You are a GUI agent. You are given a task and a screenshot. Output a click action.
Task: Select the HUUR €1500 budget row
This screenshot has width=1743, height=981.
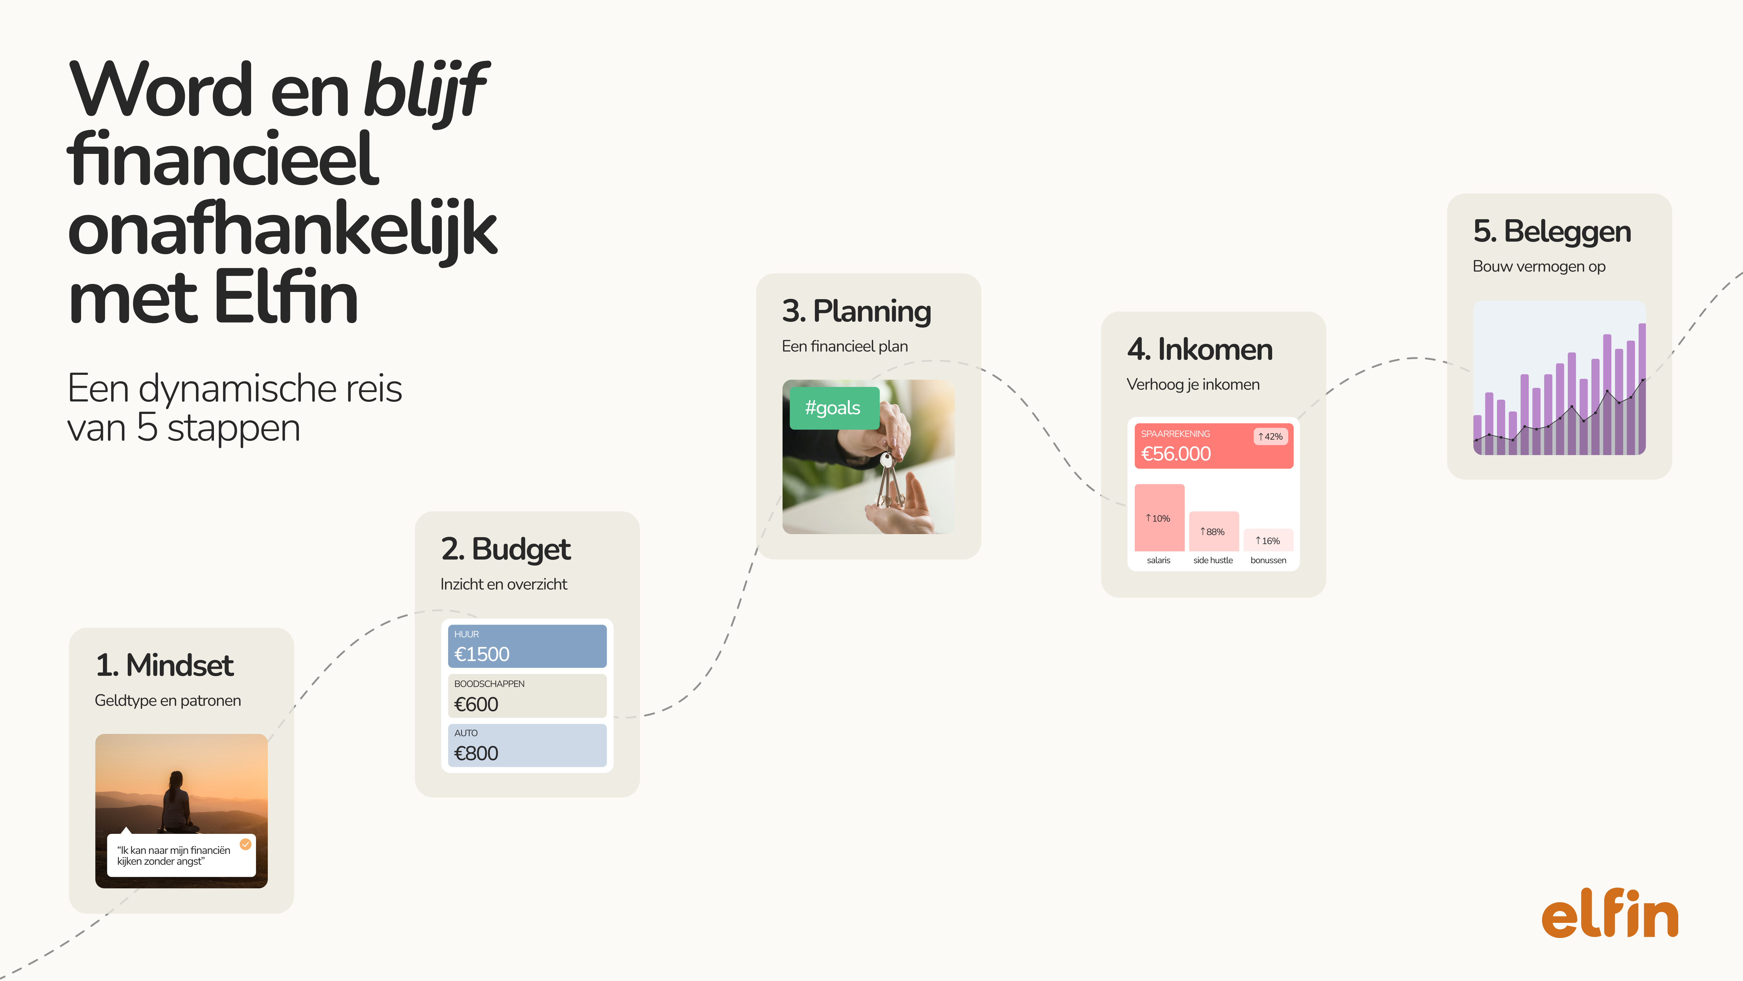[527, 646]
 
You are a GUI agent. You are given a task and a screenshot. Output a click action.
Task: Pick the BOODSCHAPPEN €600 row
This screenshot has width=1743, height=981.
[527, 695]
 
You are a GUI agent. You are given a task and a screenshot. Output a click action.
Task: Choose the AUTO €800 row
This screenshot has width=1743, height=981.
[527, 745]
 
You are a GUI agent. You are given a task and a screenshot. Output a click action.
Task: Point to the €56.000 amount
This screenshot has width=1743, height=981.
[1176, 454]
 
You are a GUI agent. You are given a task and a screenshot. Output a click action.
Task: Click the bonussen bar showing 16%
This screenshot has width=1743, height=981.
[1268, 540]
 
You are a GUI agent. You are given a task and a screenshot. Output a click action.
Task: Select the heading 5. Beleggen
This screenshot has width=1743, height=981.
[1552, 232]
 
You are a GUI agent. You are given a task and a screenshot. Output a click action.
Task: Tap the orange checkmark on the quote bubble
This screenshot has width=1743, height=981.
[246, 844]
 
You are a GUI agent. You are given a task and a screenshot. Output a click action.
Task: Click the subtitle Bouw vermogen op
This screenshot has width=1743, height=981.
[1539, 267]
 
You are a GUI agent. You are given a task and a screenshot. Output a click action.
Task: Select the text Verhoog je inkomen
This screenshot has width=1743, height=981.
[1193, 385]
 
